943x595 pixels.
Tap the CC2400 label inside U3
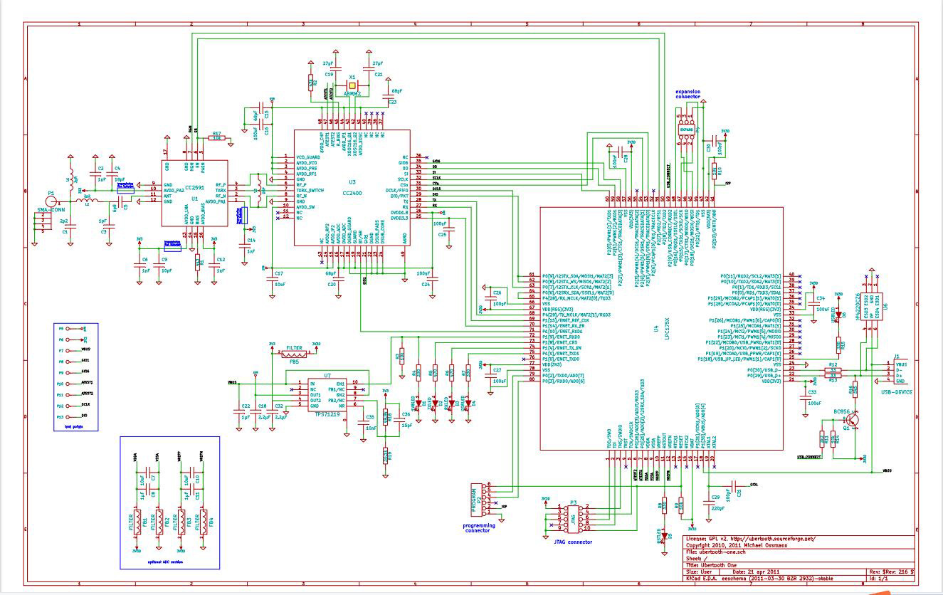(x=352, y=192)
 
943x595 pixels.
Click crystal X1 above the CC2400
(x=352, y=85)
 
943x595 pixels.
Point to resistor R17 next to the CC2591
(x=217, y=138)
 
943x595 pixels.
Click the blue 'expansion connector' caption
(x=688, y=95)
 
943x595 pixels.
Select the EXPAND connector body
(x=686, y=130)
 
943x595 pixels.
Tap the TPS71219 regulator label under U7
(x=326, y=414)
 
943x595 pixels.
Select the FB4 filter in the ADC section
(x=204, y=520)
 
